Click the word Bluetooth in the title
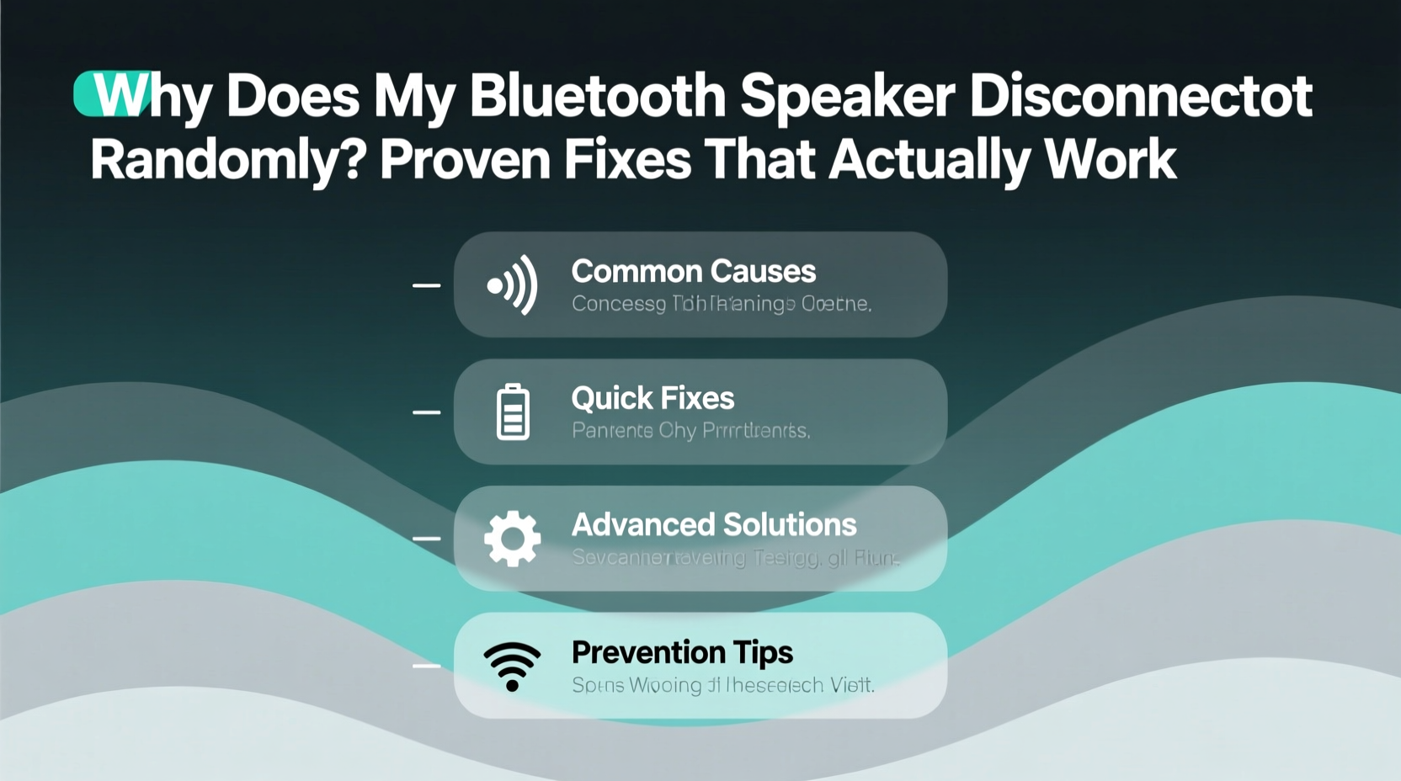coord(597,96)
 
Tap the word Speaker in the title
coord(847,98)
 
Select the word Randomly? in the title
coord(227,160)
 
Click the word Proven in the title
coord(465,160)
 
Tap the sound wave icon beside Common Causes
coord(512,285)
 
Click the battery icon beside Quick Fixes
coord(513,412)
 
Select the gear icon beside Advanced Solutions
coord(512,539)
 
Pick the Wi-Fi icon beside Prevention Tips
coord(512,666)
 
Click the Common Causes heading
coord(693,272)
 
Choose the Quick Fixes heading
coord(653,398)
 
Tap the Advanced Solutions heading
coord(714,525)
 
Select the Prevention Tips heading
coord(682,652)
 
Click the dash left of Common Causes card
coord(426,285)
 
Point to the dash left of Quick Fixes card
coord(426,412)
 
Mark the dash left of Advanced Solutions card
coord(426,538)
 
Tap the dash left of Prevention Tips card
coord(426,666)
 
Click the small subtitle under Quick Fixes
coord(690,431)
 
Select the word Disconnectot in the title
coord(1140,96)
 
